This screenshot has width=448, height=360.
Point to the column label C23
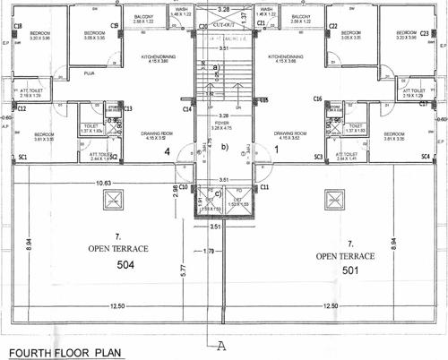(x=424, y=33)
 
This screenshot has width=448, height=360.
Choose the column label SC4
(x=424, y=158)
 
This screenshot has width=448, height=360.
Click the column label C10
(x=183, y=186)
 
